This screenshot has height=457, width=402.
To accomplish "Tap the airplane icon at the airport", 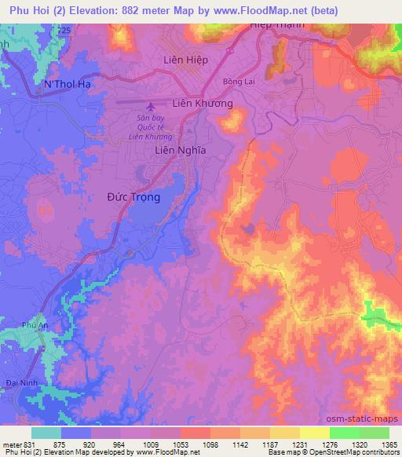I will pos(151,104).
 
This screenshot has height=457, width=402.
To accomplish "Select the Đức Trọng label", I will pos(133,197).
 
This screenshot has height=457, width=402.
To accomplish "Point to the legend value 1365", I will pos(378,444).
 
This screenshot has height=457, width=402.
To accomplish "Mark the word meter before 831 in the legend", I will pos(12,444).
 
